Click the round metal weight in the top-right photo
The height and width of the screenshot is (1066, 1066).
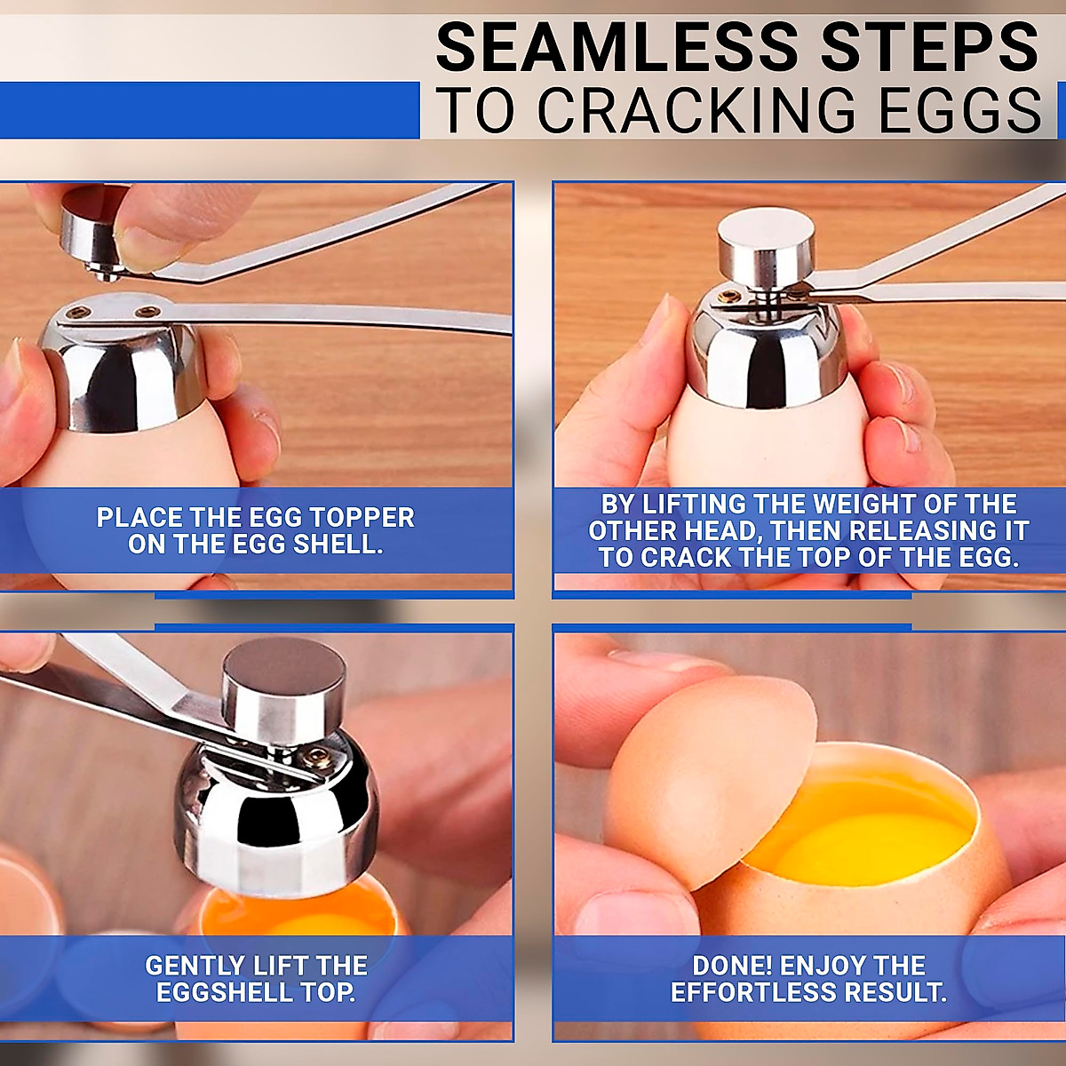tap(767, 240)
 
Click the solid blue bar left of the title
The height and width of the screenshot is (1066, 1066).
tap(209, 110)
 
